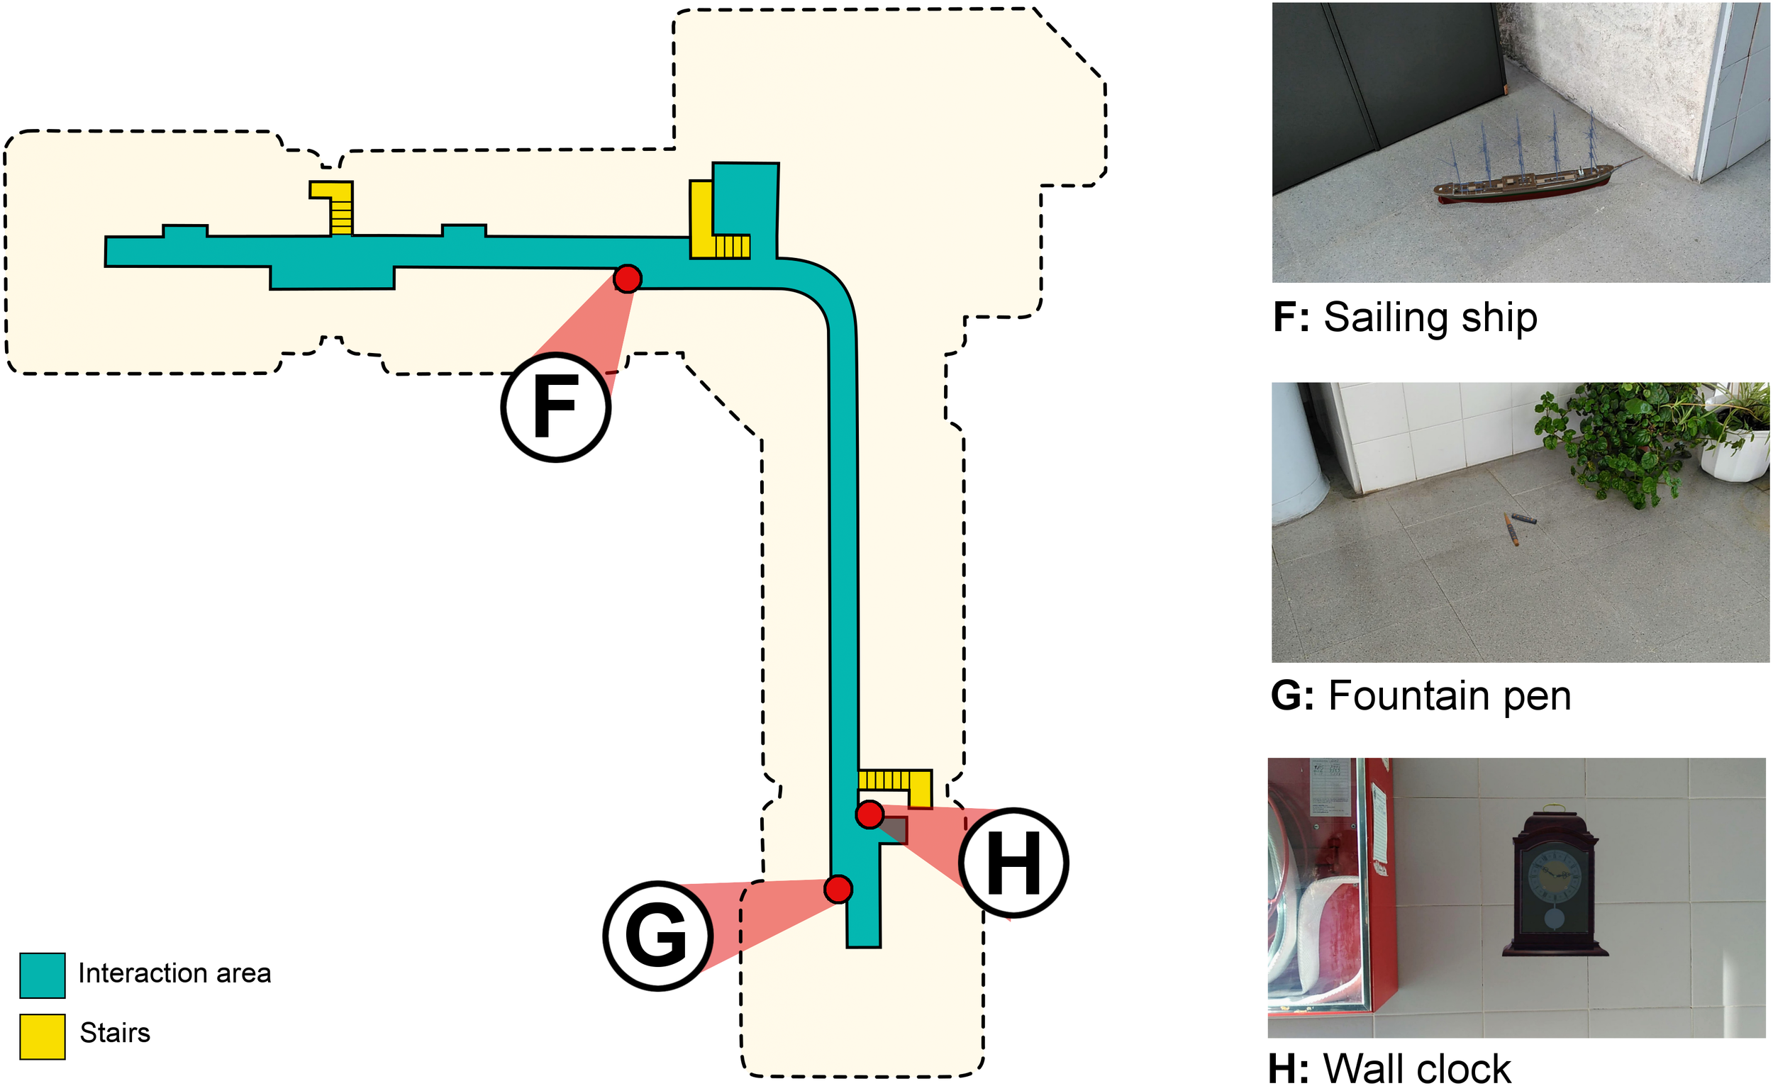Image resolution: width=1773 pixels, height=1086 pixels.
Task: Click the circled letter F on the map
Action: point(555,407)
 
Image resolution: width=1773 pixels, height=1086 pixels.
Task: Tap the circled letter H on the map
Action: point(1013,862)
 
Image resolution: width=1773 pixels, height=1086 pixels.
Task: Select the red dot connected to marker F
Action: point(628,279)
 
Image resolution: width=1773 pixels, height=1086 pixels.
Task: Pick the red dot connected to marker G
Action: point(838,889)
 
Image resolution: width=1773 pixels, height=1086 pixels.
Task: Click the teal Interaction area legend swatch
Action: point(43,975)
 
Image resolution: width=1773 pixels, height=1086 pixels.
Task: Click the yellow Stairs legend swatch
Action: point(43,1036)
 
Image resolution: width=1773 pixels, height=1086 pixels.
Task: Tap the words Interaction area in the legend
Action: point(174,973)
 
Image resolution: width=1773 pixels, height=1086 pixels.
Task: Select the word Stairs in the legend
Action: point(115,1033)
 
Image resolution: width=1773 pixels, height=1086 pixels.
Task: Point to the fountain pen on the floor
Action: point(1514,527)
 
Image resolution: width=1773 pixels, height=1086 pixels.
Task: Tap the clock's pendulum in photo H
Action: point(1554,919)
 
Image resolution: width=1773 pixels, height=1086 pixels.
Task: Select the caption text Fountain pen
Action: point(1449,695)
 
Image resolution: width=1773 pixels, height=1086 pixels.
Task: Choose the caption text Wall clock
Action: point(1417,1068)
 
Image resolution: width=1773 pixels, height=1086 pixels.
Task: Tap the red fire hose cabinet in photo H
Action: point(1331,885)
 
